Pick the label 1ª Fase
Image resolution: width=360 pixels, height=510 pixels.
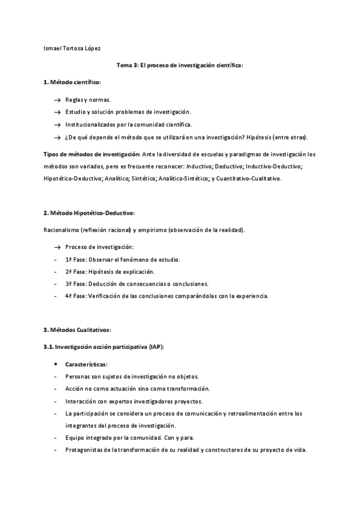(x=76, y=259)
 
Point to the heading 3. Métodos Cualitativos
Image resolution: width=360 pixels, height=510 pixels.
(x=78, y=330)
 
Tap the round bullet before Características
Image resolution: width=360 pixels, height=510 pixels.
(x=56, y=364)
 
